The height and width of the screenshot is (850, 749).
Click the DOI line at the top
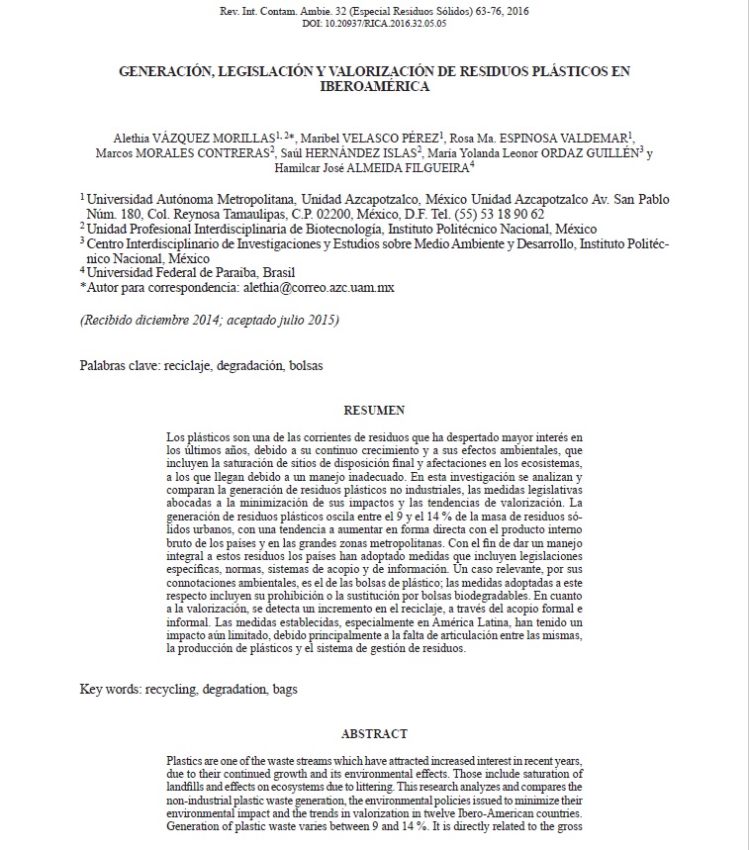[373, 23]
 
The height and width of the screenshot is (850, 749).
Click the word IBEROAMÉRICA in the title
[373, 87]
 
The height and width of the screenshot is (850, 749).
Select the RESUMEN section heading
[373, 408]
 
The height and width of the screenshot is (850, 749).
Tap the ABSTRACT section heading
[373, 733]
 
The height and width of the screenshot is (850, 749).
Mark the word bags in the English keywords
[284, 689]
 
